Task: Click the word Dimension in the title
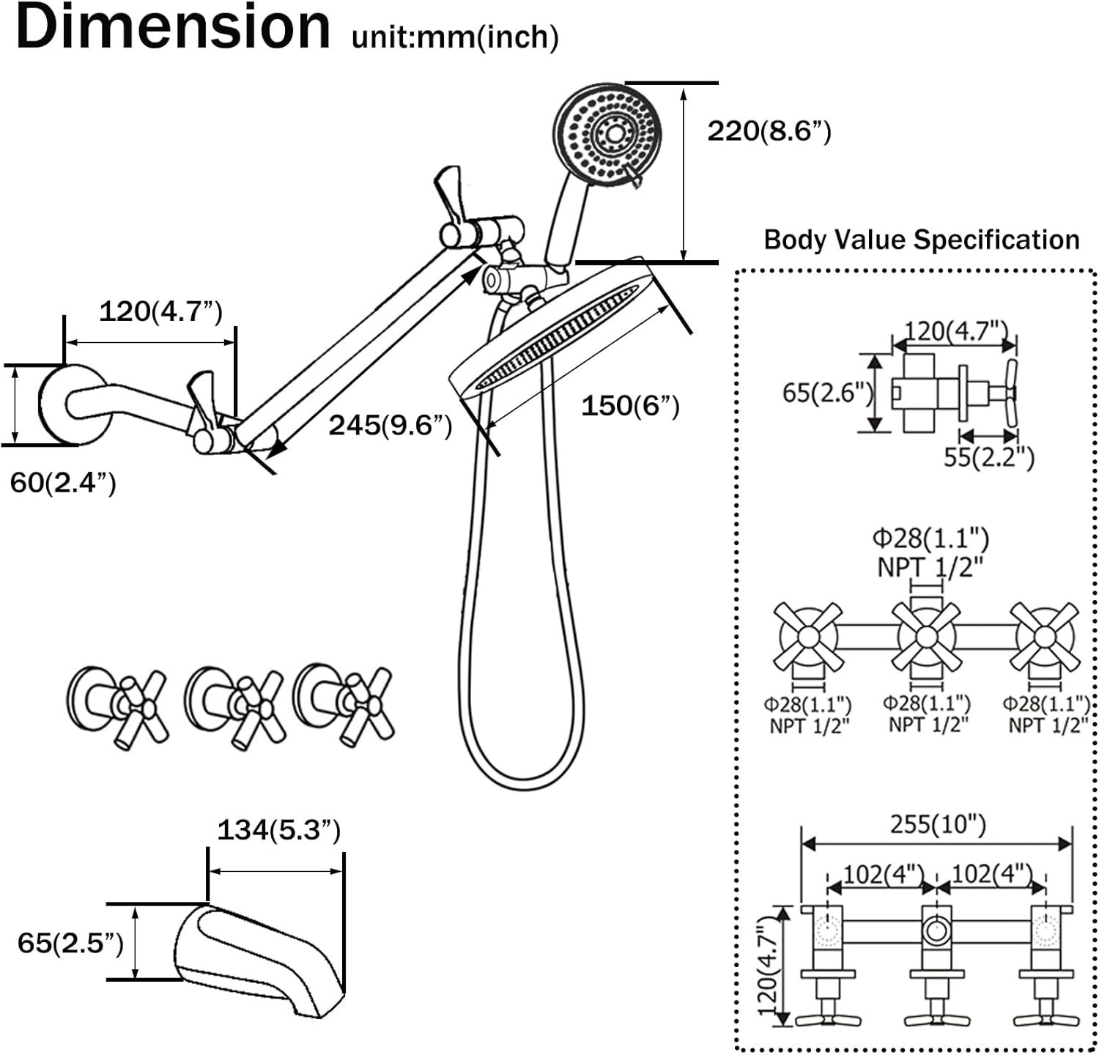click(173, 28)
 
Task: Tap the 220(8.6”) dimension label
click(769, 132)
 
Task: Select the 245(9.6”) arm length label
click(390, 425)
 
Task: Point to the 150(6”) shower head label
click(630, 406)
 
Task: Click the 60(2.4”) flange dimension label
click(63, 483)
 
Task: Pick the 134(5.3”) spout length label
click(278, 830)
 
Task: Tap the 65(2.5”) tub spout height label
click(70, 943)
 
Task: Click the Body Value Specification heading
click(921, 240)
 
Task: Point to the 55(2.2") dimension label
click(988, 457)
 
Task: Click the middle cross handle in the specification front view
click(925, 636)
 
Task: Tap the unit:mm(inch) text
click(455, 37)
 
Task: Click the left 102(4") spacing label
click(883, 874)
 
